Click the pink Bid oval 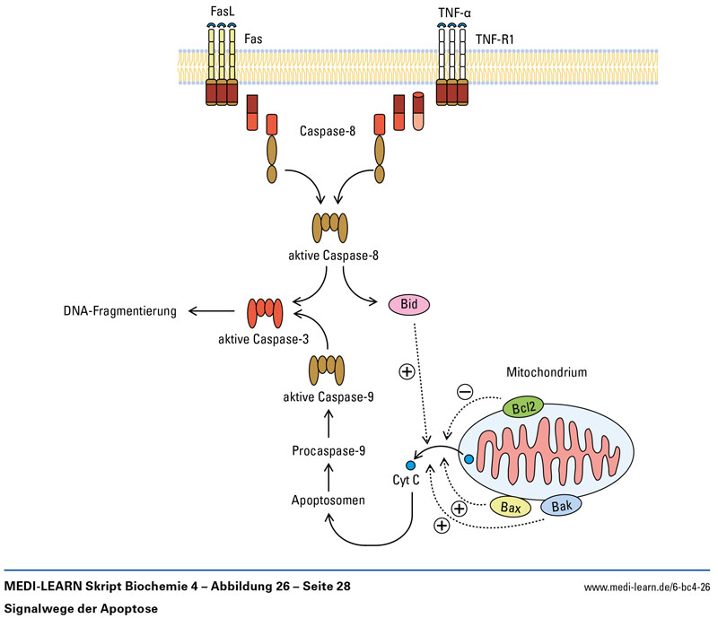pyautogui.click(x=408, y=306)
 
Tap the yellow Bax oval pyautogui.click(x=512, y=509)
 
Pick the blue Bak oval pyautogui.click(x=562, y=505)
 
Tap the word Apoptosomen pyautogui.click(x=328, y=499)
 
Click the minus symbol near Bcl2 pyautogui.click(x=466, y=391)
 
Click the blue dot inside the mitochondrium pyautogui.click(x=468, y=459)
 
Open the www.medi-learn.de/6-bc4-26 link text pyautogui.click(x=647, y=588)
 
